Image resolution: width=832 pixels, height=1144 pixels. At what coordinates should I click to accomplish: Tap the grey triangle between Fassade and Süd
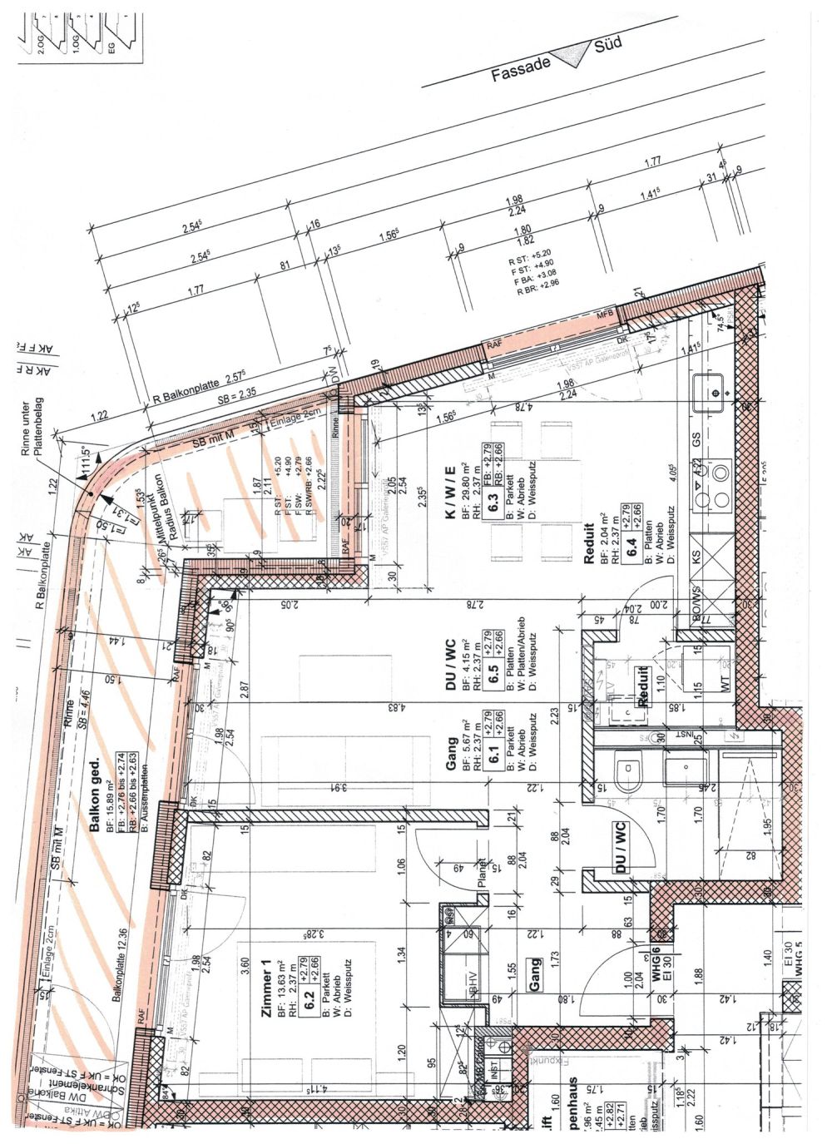(x=571, y=54)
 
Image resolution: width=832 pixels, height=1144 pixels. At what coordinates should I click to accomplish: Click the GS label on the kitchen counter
(x=696, y=438)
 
